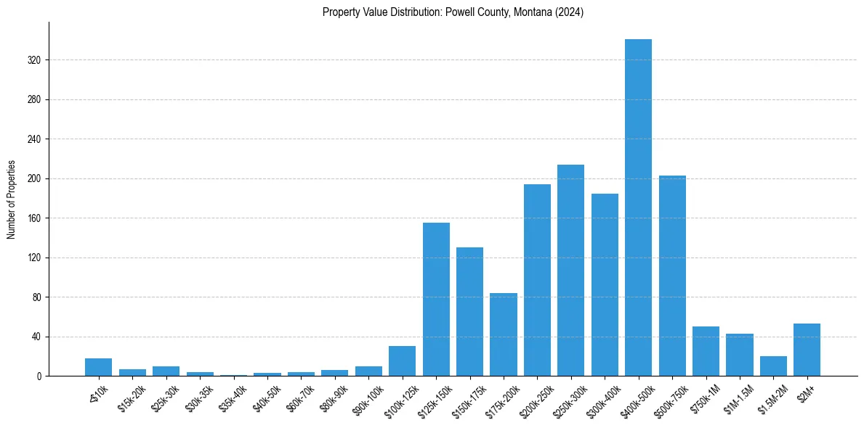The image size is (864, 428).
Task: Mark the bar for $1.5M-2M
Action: [x=773, y=366]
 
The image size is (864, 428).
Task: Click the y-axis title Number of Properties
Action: [x=11, y=199]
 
